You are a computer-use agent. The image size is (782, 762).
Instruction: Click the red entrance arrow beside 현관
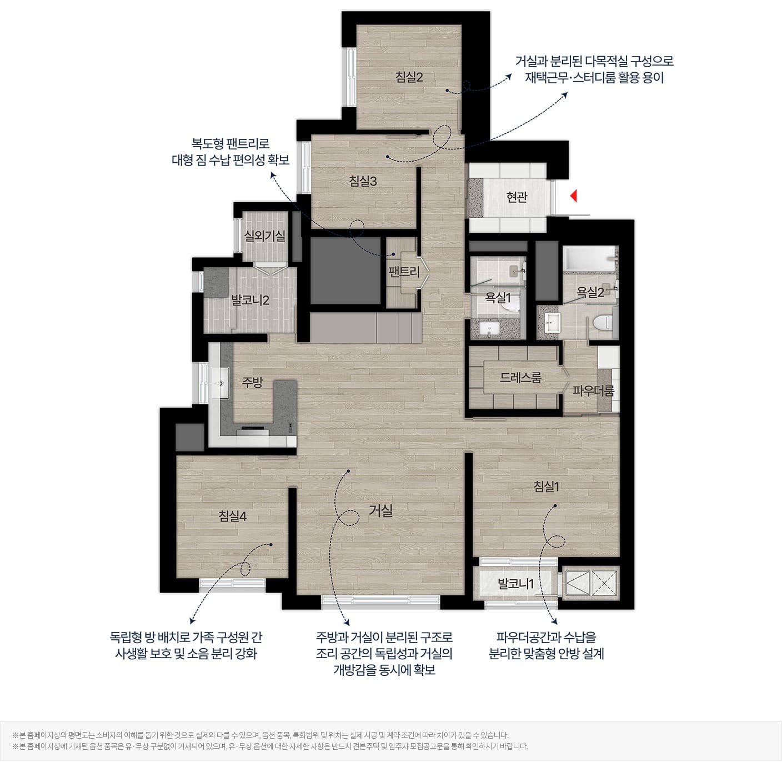(573, 195)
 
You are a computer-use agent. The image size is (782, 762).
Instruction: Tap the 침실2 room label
(409, 77)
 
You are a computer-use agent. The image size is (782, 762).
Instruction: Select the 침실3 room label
(363, 181)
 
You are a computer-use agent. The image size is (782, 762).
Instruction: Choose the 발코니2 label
(249, 300)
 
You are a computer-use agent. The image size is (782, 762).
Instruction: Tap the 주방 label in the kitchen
(252, 382)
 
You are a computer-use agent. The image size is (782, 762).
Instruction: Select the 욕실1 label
(498, 297)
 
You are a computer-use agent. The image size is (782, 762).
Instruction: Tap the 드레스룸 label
(520, 377)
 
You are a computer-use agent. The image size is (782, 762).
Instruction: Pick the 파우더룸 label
(593, 390)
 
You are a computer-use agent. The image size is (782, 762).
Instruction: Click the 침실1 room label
(546, 487)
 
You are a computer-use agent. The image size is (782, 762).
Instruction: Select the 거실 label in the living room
(380, 510)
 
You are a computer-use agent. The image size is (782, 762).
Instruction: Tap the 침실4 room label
(232, 516)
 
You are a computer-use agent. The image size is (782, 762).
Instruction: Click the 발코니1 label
(515, 584)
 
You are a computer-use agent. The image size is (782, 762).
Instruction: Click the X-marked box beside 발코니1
(604, 583)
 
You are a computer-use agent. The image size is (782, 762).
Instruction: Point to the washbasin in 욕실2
(553, 323)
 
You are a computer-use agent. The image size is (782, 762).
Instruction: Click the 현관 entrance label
(517, 197)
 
